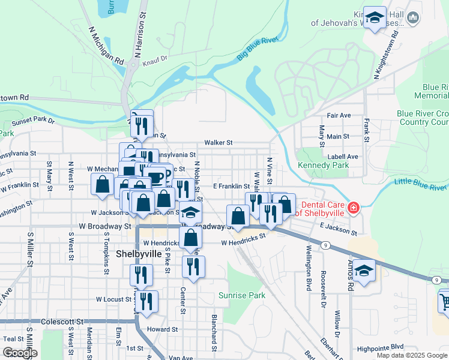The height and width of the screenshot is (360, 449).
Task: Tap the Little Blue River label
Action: (421, 184)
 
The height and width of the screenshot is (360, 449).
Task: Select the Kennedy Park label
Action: (323, 165)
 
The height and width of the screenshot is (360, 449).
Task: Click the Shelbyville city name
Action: (139, 254)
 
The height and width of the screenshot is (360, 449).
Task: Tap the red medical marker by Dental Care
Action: (354, 208)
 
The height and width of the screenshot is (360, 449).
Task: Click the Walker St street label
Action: (218, 143)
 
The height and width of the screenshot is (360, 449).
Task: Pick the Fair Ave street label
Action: (339, 115)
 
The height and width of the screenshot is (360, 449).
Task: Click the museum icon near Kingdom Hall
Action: (413, 19)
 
